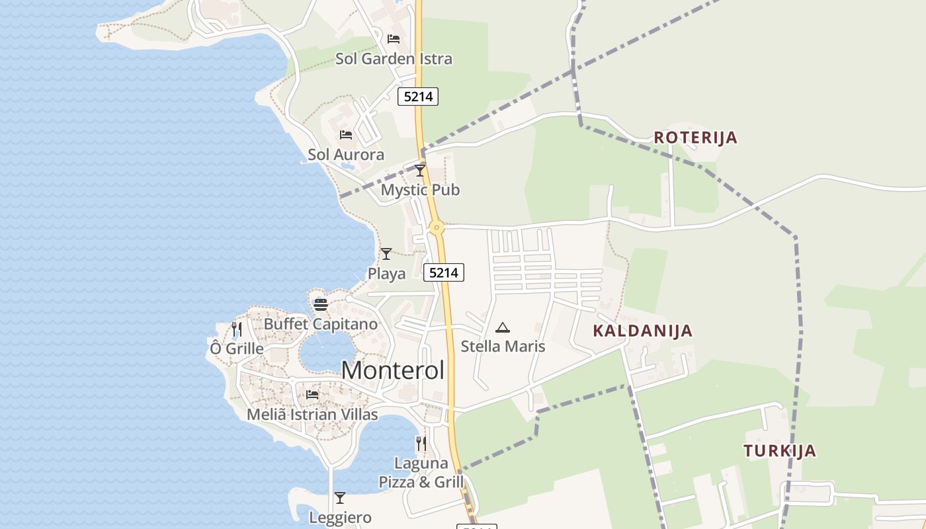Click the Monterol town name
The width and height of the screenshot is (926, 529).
tap(393, 370)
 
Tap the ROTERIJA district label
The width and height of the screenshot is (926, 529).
tap(695, 138)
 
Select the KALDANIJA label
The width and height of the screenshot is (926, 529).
tap(642, 331)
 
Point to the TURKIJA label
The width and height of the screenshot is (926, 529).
tap(779, 451)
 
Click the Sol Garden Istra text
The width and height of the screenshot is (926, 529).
tap(394, 59)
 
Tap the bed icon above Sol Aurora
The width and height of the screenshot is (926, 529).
tap(346, 135)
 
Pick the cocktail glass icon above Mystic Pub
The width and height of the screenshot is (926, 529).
tap(420, 171)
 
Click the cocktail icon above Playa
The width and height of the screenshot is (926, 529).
tap(386, 253)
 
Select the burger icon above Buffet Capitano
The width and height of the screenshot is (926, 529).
tap(321, 305)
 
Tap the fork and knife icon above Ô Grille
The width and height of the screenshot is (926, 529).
tap(236, 329)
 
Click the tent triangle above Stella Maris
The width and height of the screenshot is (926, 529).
tap(503, 327)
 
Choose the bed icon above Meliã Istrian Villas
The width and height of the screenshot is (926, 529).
tap(312, 395)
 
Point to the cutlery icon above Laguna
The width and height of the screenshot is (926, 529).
tap(421, 443)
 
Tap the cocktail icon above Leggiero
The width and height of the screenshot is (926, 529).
tap(340, 498)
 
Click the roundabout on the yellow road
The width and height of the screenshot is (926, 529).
tap(436, 228)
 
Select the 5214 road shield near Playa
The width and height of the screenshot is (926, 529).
tap(443, 272)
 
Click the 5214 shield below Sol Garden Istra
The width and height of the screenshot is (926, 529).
tap(418, 97)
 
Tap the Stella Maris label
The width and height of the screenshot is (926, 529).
tap(503, 346)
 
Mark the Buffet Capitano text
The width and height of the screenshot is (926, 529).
tap(321, 324)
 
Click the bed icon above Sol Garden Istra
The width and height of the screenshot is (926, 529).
tap(394, 39)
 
